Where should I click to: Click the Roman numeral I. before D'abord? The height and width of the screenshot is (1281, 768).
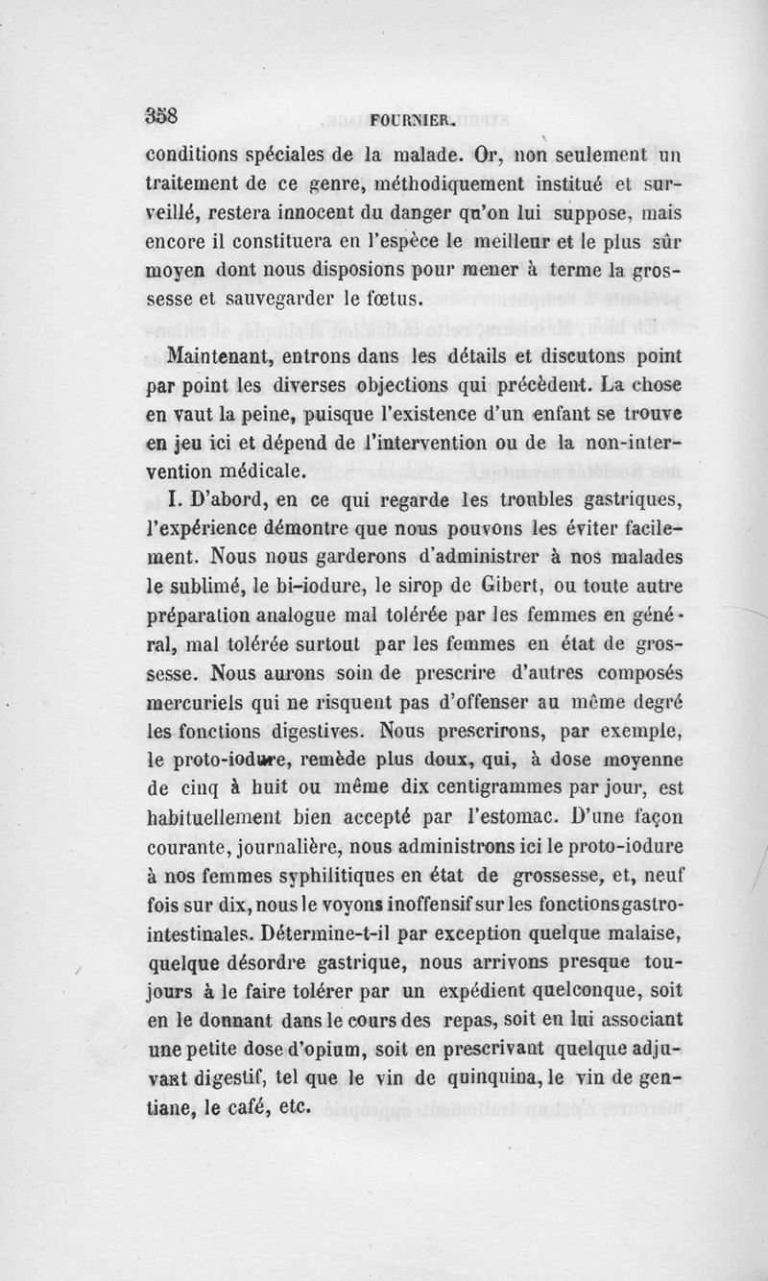[x=159, y=498]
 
